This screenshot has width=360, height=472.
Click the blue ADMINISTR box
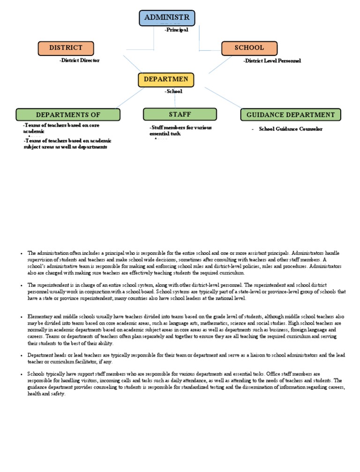click(167, 18)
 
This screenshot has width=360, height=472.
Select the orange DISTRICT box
click(66, 48)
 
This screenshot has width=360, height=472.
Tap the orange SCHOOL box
click(249, 48)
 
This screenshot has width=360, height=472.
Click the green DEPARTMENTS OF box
click(68, 115)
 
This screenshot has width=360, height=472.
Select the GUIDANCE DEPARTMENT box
click(291, 115)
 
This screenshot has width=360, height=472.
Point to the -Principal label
click(176, 30)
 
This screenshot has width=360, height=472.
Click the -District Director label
click(80, 61)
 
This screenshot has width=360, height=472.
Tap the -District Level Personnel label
click(272, 61)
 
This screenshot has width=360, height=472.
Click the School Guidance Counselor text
click(291, 129)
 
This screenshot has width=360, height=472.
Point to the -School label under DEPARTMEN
click(173, 91)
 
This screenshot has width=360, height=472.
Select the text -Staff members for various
click(181, 128)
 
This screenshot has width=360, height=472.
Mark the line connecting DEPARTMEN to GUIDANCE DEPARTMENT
click(224, 98)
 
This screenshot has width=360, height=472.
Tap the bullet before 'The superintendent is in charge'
click(22, 285)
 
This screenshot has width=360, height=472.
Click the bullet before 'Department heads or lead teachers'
click(22, 356)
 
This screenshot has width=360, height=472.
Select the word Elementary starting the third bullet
click(40, 317)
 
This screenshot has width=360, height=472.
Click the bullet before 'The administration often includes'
click(22, 253)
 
